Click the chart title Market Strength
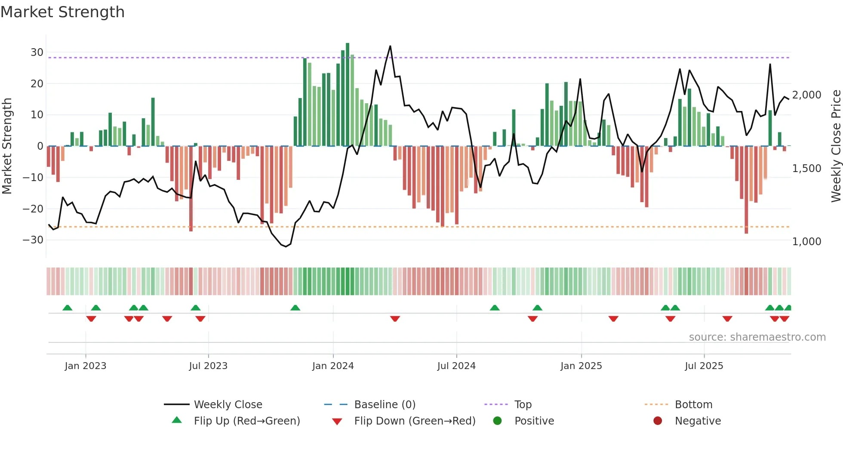pos(62,12)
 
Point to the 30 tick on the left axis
pos(37,52)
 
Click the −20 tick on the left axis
pos(34,209)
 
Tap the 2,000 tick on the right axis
pos(806,95)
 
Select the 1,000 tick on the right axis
pos(806,242)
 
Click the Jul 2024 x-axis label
pos(456,366)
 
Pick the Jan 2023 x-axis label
pos(85,366)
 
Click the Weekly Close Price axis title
pos(836,146)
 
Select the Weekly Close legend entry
pos(228,405)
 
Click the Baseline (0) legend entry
pos(385,405)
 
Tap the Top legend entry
pos(523,405)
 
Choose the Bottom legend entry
pos(693,405)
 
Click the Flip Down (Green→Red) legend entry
pos(414,421)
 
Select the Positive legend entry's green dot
pos(497,421)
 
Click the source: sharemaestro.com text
pos(757,337)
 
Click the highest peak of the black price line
pos(390,46)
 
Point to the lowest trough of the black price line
pos(286,246)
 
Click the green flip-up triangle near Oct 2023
pos(295,308)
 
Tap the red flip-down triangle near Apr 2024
pos(395,319)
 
